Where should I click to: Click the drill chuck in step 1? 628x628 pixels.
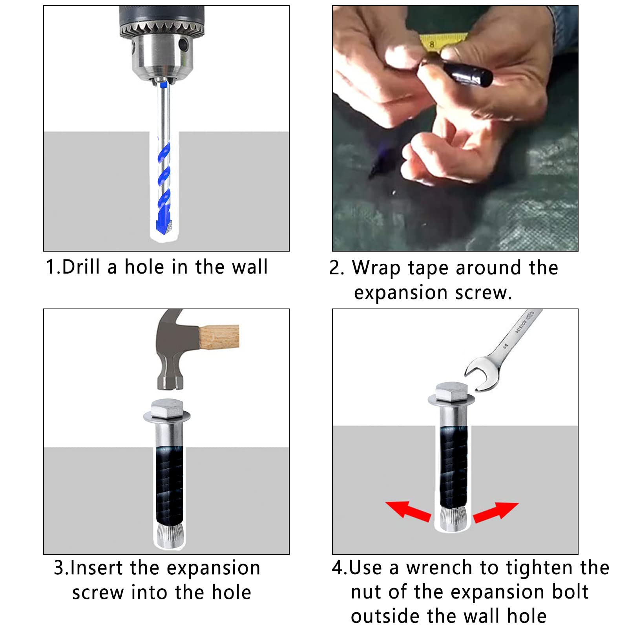coord(162,43)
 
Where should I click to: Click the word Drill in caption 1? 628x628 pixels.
coord(81,267)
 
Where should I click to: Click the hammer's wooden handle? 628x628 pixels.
coord(219,337)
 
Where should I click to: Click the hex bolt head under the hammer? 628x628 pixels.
coord(167,409)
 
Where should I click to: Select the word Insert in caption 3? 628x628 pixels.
coord(96,568)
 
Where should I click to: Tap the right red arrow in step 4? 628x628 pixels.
coord(496,512)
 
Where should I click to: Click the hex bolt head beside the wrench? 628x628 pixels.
coord(451,391)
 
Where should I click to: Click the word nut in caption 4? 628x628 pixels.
coord(366,592)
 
